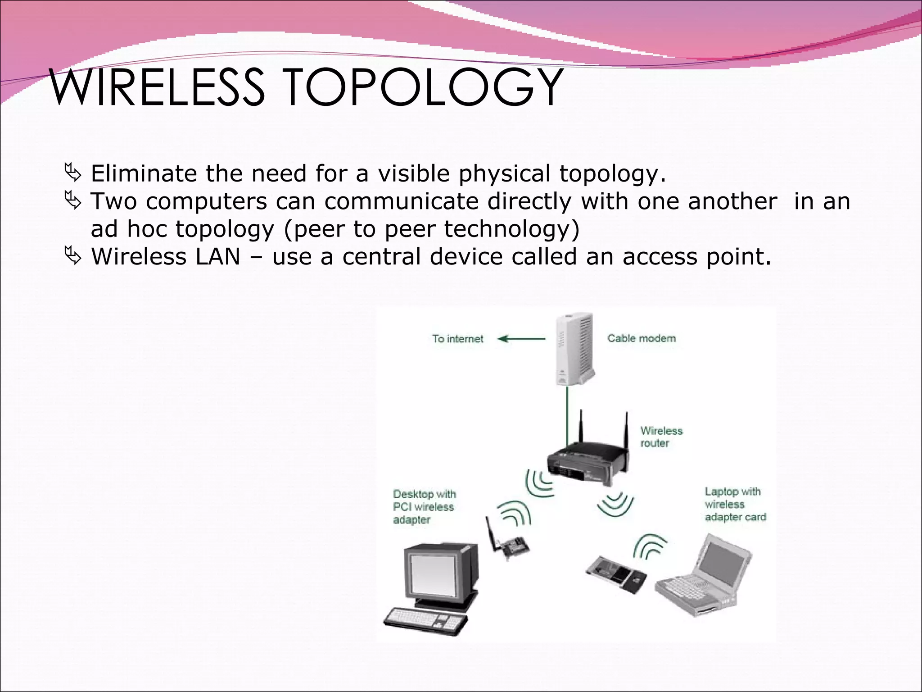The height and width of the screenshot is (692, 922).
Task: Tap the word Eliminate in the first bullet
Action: (x=144, y=173)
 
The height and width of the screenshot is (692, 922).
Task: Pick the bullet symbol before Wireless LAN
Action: (x=72, y=256)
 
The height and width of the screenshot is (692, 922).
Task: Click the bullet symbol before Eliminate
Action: (x=72, y=173)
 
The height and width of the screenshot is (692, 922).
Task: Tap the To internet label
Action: (x=457, y=339)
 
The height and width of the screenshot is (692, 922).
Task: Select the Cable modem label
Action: (x=641, y=338)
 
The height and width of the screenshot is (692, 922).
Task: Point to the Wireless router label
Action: (x=661, y=437)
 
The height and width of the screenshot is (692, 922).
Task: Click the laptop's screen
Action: (x=725, y=563)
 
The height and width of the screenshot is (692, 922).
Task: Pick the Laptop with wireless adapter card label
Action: (x=735, y=504)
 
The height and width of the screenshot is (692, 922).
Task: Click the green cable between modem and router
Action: (x=567, y=414)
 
